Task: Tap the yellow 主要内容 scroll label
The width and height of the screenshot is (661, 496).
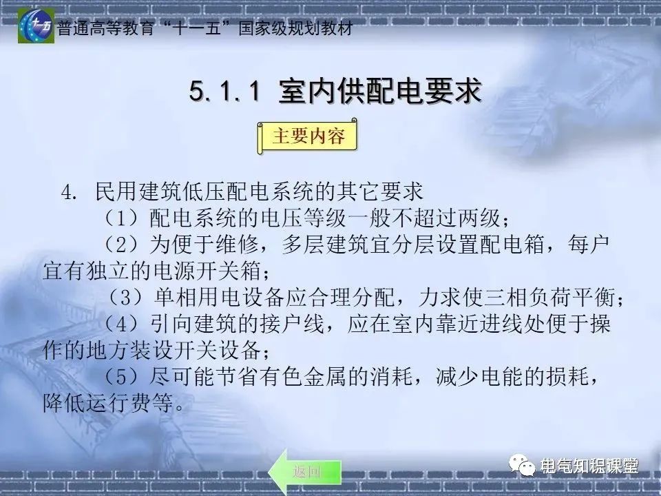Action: tap(308, 136)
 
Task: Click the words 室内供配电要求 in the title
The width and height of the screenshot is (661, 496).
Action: tap(379, 92)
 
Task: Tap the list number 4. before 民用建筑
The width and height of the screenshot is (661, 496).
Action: tap(71, 192)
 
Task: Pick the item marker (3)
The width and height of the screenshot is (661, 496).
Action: tap(126, 299)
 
